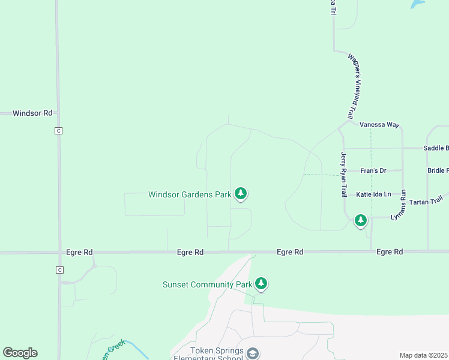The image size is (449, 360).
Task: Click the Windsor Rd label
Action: (32, 113)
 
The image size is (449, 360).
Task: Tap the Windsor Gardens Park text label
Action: (190, 194)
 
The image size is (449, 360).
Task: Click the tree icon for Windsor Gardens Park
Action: (241, 193)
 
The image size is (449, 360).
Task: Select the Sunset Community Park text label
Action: (207, 284)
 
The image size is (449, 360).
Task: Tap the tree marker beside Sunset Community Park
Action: (261, 283)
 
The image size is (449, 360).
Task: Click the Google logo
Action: (20, 353)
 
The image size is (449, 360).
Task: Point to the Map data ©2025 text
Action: (424, 355)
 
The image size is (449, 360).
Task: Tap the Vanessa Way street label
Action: (379, 125)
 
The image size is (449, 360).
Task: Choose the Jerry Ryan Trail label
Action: (344, 174)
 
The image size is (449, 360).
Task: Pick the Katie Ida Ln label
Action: (373, 194)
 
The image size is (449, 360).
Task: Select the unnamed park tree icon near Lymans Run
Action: (360, 220)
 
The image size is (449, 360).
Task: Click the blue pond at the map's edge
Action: (417, 3)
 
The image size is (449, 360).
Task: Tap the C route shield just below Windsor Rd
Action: (58, 131)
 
